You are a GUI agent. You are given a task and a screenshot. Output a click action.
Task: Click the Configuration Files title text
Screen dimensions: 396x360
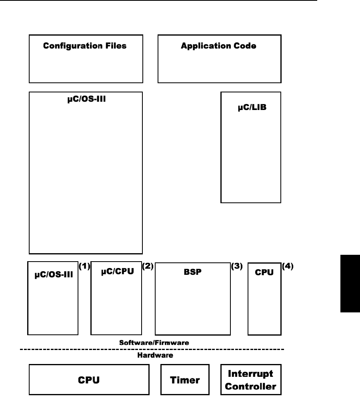84,46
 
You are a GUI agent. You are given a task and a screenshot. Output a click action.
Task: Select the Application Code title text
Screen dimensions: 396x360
218,46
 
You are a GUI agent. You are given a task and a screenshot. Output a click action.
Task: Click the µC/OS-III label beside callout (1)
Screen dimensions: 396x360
52,275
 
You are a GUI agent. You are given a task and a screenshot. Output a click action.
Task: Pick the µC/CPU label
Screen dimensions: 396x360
116,272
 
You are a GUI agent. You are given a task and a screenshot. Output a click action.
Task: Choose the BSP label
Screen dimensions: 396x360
193,272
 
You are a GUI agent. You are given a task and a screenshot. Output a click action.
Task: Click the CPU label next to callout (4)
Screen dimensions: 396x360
264,272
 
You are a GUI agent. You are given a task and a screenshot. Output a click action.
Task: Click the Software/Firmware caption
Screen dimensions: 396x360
154,343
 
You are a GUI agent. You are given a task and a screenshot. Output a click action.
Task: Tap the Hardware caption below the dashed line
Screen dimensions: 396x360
154,354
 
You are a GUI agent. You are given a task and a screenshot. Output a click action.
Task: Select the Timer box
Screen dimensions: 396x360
185,380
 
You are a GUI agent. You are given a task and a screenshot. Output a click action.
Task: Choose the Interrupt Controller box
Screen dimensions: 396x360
251,380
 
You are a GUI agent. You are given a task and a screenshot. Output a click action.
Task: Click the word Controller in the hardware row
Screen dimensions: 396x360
251,386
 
